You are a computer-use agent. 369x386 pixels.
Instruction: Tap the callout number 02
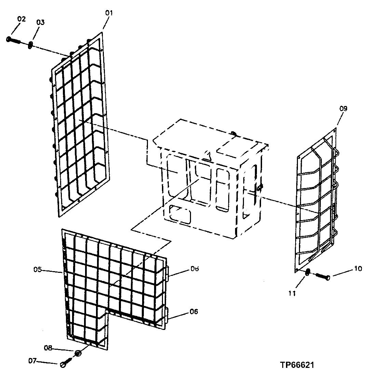tap(21, 19)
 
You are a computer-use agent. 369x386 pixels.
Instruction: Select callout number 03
tap(40, 22)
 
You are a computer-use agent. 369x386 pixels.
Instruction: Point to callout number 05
tap(38, 270)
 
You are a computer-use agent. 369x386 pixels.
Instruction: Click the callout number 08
tap(48, 348)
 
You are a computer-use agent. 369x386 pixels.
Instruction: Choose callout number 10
tap(357, 269)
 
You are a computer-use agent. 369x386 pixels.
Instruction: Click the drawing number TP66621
tap(297, 365)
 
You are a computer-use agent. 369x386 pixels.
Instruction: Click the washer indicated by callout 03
tap(30, 45)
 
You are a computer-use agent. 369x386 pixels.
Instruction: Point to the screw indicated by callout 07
tap(65, 364)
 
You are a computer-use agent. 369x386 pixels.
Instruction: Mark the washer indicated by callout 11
tap(307, 272)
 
